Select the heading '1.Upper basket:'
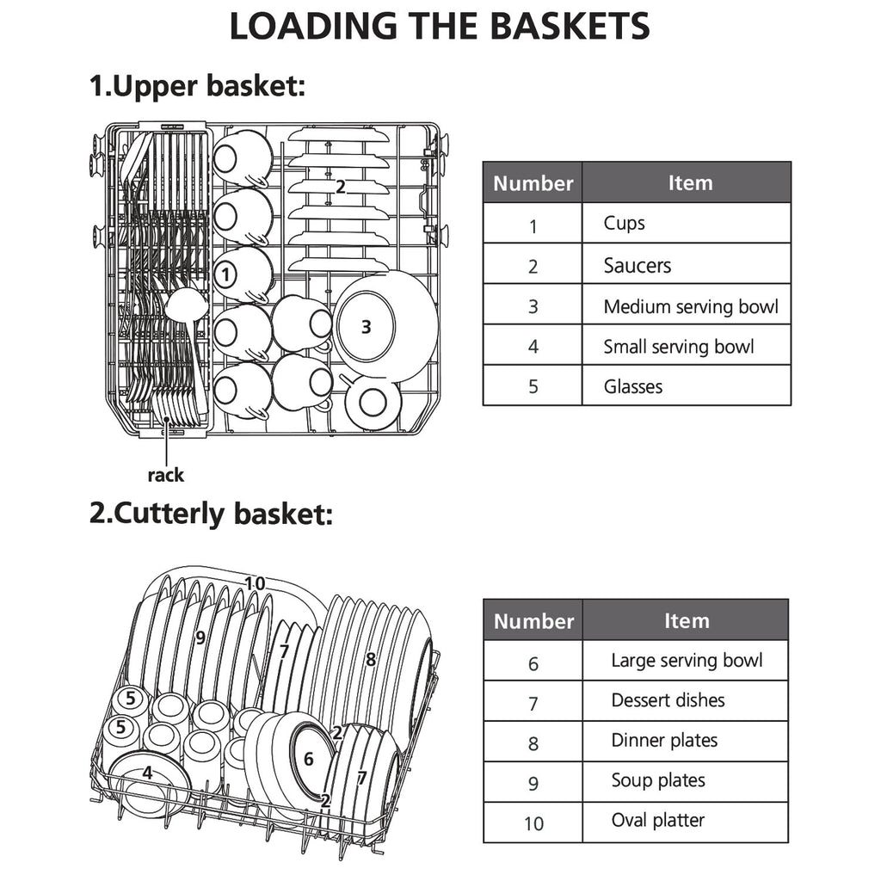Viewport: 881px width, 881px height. (x=197, y=86)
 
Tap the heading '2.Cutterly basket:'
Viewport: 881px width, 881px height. (x=210, y=514)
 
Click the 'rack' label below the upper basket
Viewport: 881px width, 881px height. (x=165, y=475)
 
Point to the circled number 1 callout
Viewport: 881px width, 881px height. (x=224, y=275)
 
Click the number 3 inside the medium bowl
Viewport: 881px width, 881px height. (x=366, y=327)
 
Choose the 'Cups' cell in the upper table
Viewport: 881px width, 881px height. (x=625, y=224)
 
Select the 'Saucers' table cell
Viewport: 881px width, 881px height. (x=637, y=265)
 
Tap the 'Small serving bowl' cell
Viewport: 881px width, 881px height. (x=678, y=347)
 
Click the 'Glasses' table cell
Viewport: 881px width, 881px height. (x=633, y=387)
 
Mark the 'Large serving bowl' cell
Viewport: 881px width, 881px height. (x=687, y=661)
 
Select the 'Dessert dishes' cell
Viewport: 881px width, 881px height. (x=668, y=700)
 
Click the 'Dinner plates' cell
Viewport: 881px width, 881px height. (x=664, y=741)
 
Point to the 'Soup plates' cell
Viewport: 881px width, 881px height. (x=658, y=781)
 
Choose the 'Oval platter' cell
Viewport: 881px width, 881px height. (x=657, y=821)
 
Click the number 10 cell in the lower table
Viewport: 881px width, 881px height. (x=533, y=823)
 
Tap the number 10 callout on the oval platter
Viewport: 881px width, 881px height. (x=255, y=583)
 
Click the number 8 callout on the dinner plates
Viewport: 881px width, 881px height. (x=370, y=660)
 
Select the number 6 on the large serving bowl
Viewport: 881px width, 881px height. (x=309, y=760)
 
